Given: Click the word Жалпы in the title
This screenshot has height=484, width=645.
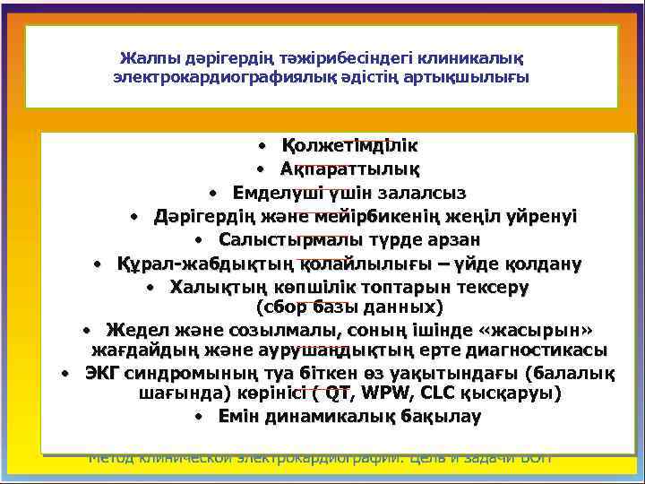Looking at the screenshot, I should tap(144, 58).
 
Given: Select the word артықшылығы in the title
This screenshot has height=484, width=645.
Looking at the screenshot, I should tap(480, 77).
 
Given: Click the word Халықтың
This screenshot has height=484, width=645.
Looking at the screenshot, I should tap(206, 288).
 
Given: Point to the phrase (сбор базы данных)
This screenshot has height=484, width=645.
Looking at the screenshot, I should tap(350, 307).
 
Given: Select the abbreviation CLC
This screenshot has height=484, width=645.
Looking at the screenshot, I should tap(432, 393).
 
